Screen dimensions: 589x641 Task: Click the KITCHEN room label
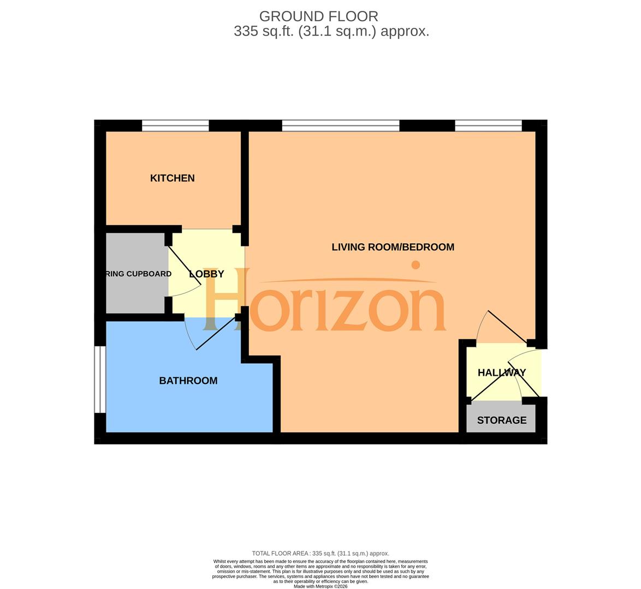click(172, 178)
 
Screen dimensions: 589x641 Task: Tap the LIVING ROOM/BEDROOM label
click(393, 247)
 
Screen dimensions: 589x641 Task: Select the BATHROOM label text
click(188, 381)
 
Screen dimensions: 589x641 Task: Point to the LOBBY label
click(206, 274)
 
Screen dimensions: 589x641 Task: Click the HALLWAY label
click(501, 372)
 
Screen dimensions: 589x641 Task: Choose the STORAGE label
click(501, 420)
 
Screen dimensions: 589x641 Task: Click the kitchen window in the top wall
click(175, 126)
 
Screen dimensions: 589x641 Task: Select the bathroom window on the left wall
click(99, 379)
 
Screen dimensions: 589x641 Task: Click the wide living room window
click(341, 126)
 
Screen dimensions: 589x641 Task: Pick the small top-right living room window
click(488, 126)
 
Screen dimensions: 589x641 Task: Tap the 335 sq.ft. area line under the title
click(331, 31)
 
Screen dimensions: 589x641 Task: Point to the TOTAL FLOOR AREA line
click(320, 553)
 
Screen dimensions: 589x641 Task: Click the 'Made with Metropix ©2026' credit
click(320, 586)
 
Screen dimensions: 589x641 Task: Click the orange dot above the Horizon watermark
click(416, 265)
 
